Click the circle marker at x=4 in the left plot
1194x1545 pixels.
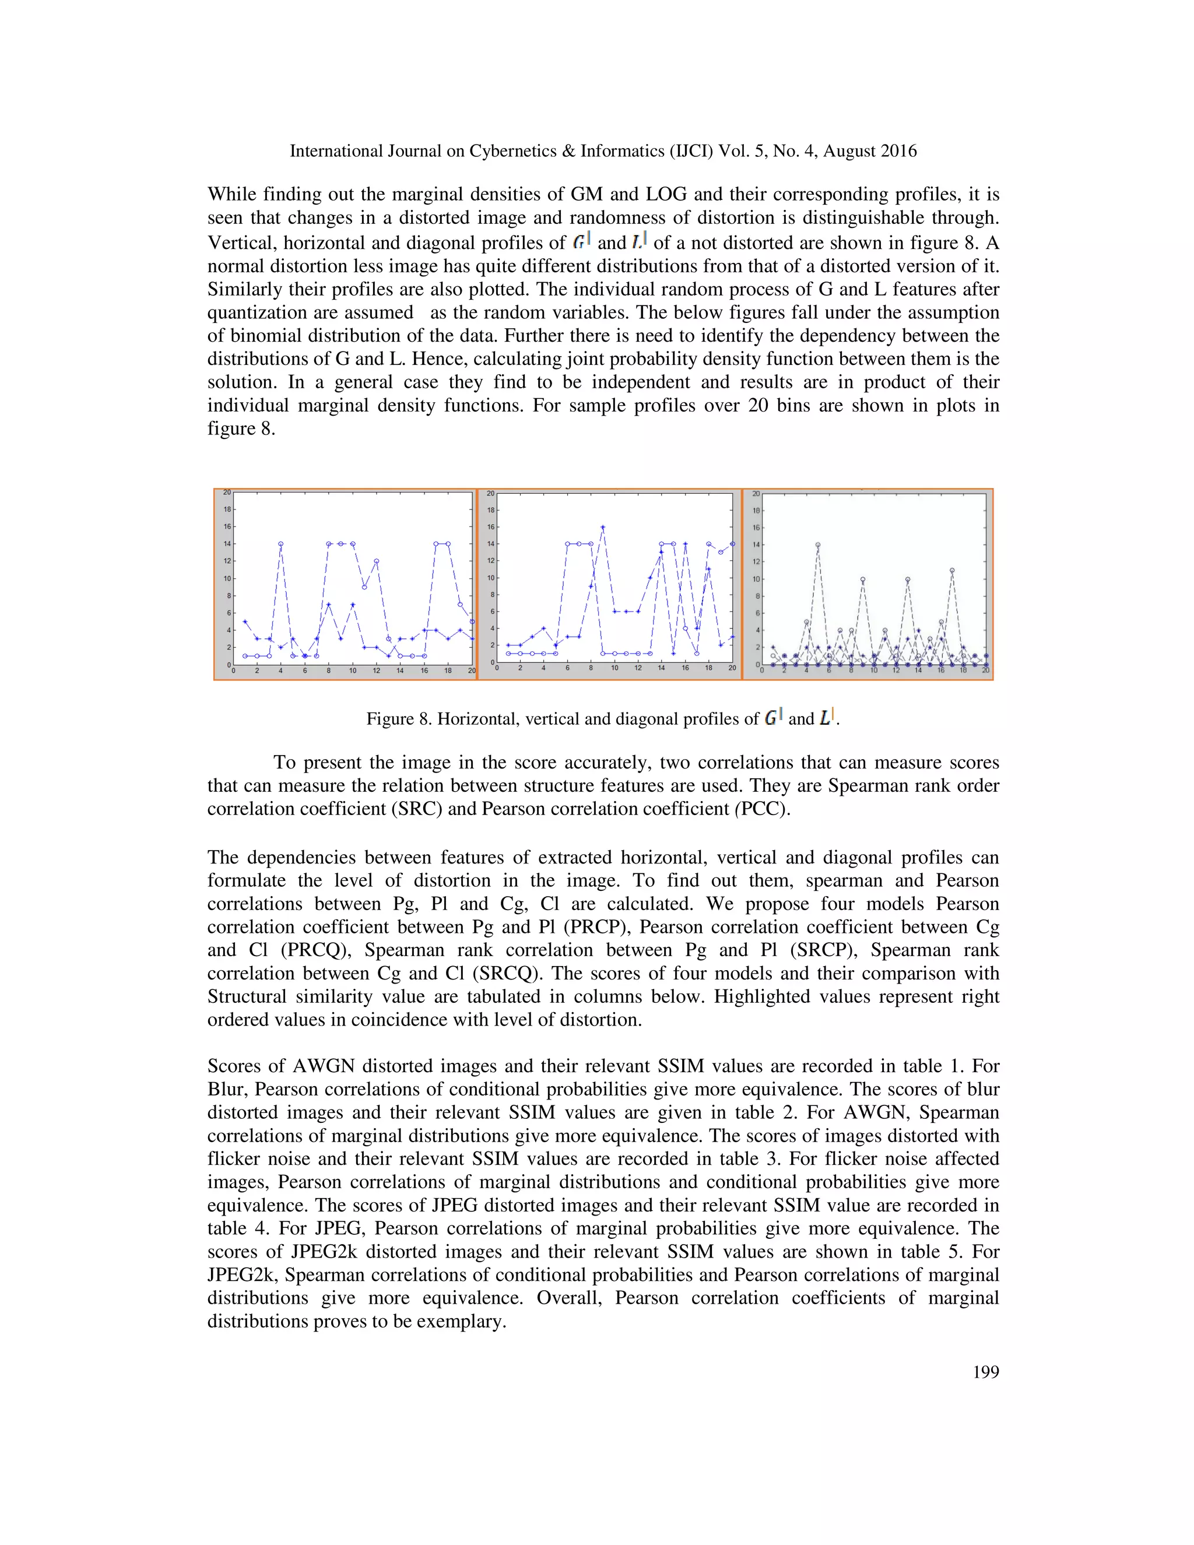point(281,544)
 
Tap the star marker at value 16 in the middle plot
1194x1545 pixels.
point(603,527)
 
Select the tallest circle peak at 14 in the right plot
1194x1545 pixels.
point(818,545)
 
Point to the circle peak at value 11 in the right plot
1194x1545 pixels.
point(953,570)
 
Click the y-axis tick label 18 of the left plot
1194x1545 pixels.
point(227,510)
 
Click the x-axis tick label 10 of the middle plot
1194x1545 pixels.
point(614,668)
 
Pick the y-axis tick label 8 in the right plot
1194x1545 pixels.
point(756,596)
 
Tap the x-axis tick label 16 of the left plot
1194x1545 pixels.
point(424,670)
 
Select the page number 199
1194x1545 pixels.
point(985,1372)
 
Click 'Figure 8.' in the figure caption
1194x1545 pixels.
point(399,719)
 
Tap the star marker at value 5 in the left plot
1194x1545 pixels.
point(245,622)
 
